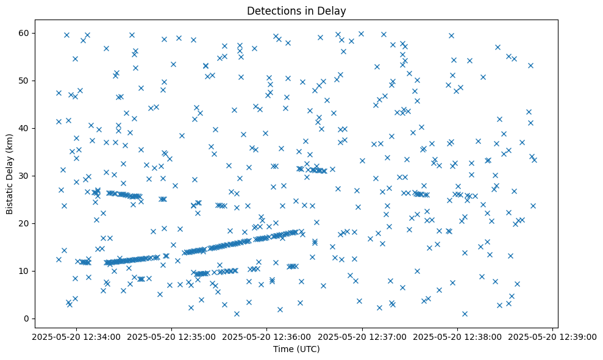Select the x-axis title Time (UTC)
(x=296, y=349)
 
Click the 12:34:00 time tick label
(x=76, y=337)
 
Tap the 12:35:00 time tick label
(x=171, y=337)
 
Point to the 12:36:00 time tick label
(x=267, y=337)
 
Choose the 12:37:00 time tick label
(x=362, y=337)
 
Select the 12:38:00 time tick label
(x=458, y=337)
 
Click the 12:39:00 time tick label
(x=553, y=337)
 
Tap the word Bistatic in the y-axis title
(x=9, y=196)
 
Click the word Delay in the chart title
(x=334, y=10)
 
